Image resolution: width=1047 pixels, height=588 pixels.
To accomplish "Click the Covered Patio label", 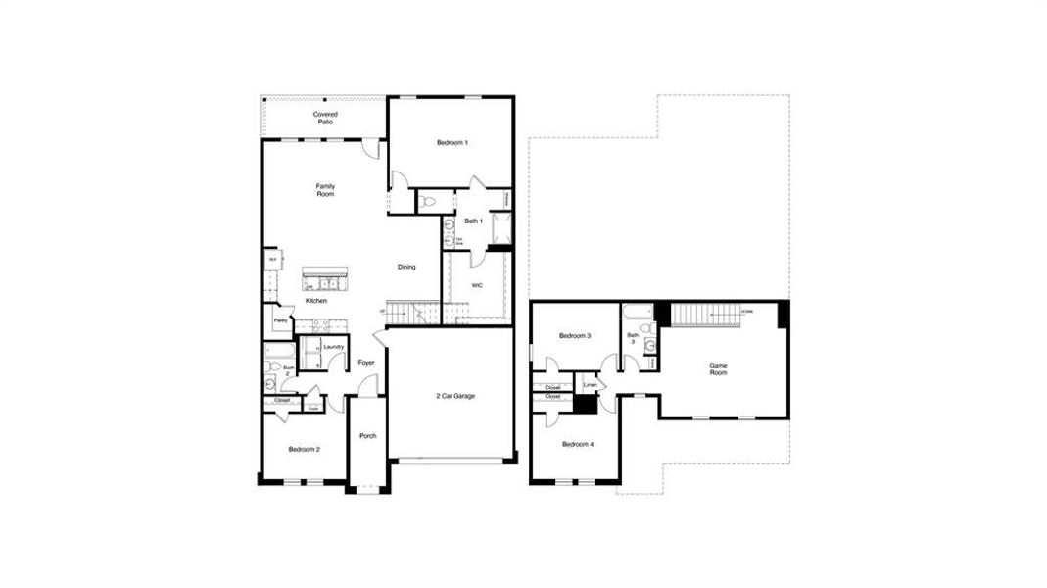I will (x=325, y=118).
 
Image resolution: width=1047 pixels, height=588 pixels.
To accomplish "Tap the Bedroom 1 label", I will (x=452, y=143).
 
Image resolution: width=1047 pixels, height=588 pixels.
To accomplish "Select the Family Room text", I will (x=325, y=190).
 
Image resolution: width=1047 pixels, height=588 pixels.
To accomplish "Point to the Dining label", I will (x=406, y=267).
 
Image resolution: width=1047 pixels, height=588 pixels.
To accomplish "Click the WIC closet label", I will (x=477, y=285).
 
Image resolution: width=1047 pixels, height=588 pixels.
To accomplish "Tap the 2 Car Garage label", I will (x=455, y=396).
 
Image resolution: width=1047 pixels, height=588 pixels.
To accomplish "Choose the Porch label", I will (x=368, y=436).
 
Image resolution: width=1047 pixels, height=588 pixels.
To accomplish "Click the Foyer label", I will (x=366, y=363).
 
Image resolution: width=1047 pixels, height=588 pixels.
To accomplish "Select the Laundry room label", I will (x=333, y=346).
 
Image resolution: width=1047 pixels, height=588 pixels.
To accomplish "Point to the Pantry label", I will (x=280, y=320).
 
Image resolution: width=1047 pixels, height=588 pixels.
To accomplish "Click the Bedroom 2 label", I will (x=304, y=449).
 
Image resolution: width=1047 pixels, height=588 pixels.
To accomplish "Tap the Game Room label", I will (x=719, y=368).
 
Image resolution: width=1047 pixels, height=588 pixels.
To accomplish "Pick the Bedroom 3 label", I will (x=575, y=336).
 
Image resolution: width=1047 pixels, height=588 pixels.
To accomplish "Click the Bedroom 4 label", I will (x=577, y=444).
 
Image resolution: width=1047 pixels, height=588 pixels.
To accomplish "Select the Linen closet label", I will (x=590, y=385).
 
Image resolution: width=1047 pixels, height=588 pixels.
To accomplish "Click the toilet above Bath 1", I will (x=429, y=201).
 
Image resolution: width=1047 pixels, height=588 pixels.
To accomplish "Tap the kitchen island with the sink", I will (x=325, y=280).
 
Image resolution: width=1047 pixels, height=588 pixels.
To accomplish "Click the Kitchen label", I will (x=315, y=301).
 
